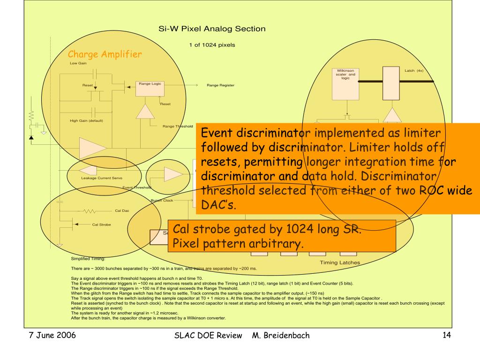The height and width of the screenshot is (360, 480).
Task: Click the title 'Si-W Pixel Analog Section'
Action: [x=212, y=29]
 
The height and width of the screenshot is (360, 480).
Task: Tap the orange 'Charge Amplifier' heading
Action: [x=105, y=55]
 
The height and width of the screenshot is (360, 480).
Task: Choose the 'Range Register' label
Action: [x=220, y=85]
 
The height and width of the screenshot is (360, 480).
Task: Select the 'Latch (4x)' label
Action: [x=414, y=71]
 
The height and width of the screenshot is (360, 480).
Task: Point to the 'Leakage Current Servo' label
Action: [x=102, y=178]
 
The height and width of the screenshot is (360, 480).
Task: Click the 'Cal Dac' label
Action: [x=122, y=210]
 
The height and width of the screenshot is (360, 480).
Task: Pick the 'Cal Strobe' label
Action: [x=101, y=225]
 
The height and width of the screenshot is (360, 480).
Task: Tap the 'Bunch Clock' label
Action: [x=162, y=200]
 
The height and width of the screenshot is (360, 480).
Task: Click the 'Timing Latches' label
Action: [x=340, y=262]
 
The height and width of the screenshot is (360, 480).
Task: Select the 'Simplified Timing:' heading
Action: [x=88, y=258]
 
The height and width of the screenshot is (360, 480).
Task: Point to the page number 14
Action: [x=446, y=335]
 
